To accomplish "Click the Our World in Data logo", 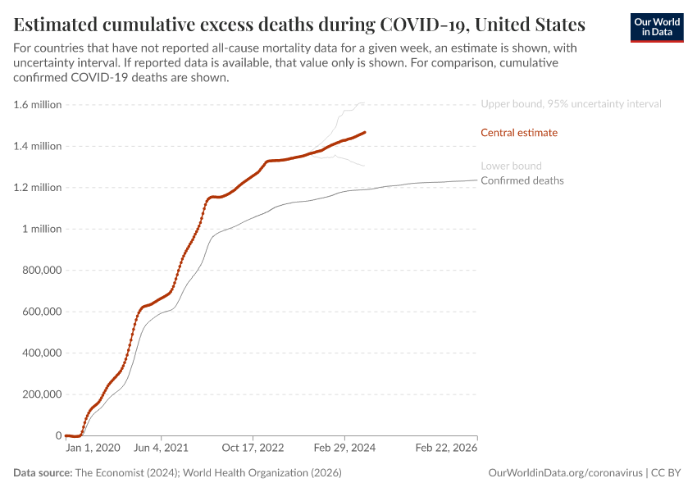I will (x=656, y=27).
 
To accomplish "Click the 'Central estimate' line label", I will (x=518, y=133).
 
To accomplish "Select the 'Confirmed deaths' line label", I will (x=522, y=180).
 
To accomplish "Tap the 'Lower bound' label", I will (x=511, y=166).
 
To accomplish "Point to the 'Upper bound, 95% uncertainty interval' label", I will (x=571, y=104).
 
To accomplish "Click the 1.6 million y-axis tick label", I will (x=38, y=105).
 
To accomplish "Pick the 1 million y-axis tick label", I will (x=40, y=229).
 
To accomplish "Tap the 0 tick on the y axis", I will (x=57, y=435).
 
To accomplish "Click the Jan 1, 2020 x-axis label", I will (x=93, y=449).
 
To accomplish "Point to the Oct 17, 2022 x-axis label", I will (x=253, y=449).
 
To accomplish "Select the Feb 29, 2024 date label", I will (x=345, y=449).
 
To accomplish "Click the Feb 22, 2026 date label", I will (x=445, y=449).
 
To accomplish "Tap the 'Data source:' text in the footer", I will (x=42, y=473).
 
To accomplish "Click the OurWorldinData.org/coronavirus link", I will (x=563, y=473).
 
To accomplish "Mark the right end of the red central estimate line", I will (x=365, y=132).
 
